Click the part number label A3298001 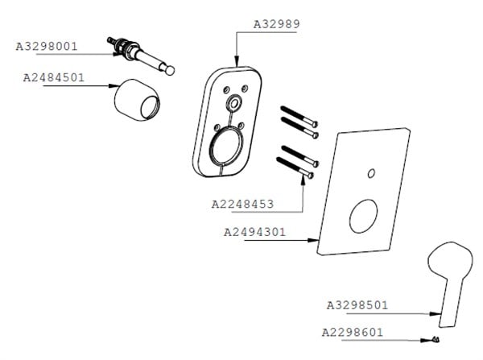tap(47, 47)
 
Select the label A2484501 tap(54, 77)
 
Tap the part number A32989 tap(277, 24)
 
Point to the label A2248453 tap(243, 204)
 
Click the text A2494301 tap(254, 232)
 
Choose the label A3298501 tap(357, 305)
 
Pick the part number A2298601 tap(353, 333)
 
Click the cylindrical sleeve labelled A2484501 tap(138, 100)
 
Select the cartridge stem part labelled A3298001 tap(141, 56)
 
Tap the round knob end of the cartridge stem tap(169, 71)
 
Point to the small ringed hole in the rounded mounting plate tap(233, 104)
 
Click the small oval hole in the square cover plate tap(371, 173)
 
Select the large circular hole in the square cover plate tap(364, 216)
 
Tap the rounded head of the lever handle tap(450, 259)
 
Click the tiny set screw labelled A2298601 tap(436, 339)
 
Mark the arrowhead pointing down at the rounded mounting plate tap(236, 60)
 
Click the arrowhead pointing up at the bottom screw tap(303, 181)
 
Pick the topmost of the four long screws tap(299, 116)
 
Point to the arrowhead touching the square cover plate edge tap(313, 241)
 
